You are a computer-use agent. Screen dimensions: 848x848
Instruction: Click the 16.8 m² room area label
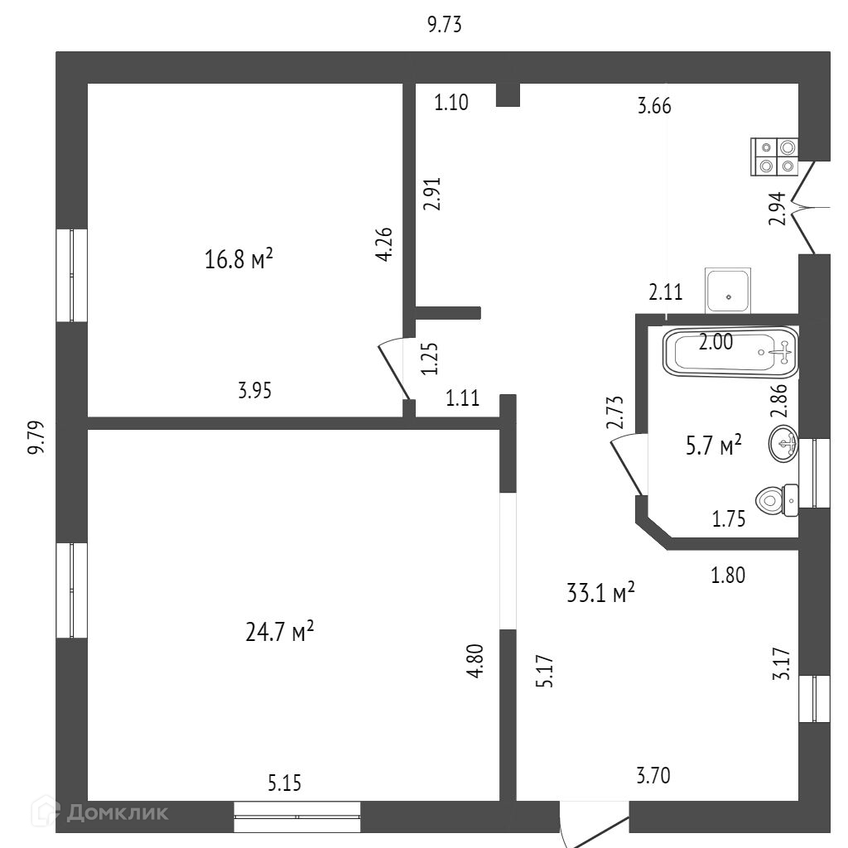point(238,260)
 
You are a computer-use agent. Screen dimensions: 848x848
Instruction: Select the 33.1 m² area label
point(600,592)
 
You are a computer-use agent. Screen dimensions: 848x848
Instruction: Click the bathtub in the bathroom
point(730,351)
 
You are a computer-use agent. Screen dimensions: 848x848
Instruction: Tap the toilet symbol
point(777,499)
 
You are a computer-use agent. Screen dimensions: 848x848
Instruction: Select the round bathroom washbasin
point(783,445)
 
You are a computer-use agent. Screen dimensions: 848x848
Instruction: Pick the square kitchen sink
point(727,290)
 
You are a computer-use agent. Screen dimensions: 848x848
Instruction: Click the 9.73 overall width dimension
point(444,25)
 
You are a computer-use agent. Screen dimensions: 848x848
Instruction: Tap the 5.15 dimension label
point(283,782)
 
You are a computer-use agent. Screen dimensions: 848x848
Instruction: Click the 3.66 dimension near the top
point(654,105)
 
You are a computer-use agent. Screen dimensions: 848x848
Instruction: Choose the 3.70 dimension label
point(653,776)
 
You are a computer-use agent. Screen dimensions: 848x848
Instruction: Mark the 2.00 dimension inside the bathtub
point(715,343)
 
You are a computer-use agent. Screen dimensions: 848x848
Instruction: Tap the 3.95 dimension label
point(254,391)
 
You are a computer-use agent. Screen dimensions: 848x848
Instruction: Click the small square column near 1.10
point(508,94)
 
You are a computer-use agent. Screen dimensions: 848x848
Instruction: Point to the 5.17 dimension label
point(544,672)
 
